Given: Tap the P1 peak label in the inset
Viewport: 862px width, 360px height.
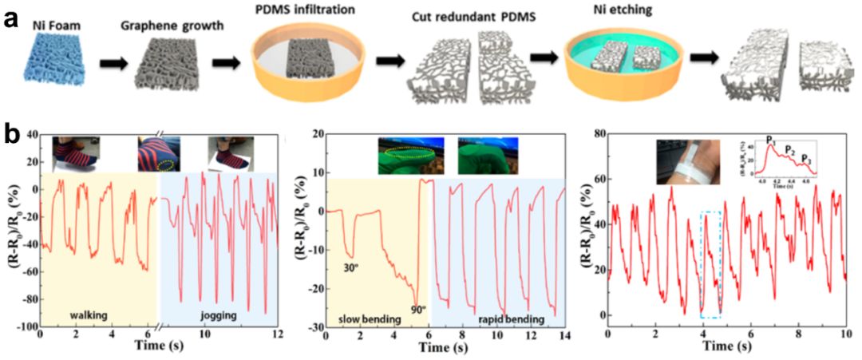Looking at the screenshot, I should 771,141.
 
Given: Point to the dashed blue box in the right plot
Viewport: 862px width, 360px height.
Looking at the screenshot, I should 712,263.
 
